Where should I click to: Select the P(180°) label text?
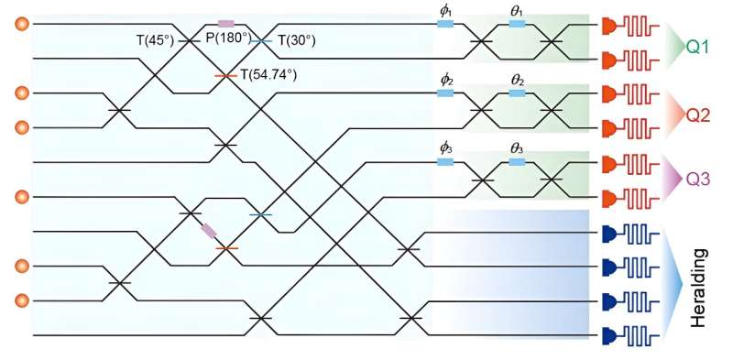point(226,39)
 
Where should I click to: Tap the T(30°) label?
point(296,39)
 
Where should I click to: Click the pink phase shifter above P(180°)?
point(226,23)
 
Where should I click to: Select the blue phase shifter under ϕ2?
point(446,93)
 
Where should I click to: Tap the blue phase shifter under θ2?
point(517,93)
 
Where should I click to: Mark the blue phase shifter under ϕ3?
point(446,161)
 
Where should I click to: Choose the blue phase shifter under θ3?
point(517,161)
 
